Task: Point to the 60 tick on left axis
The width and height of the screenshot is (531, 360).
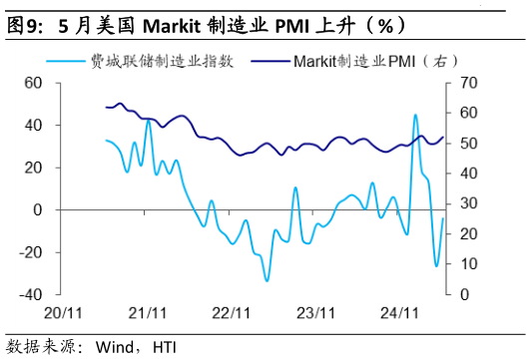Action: (x=33, y=83)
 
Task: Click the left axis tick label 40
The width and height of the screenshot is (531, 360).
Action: (x=33, y=126)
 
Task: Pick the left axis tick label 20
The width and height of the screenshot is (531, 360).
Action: (x=33, y=168)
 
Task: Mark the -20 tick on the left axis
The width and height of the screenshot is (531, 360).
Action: (x=30, y=252)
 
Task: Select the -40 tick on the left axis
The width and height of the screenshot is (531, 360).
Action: (x=30, y=294)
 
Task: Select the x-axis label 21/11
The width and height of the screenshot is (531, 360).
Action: (x=148, y=312)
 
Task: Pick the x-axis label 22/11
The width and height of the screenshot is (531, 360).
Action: (x=232, y=312)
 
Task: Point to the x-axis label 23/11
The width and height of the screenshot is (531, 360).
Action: (x=315, y=312)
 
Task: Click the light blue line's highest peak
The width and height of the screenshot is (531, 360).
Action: (x=415, y=115)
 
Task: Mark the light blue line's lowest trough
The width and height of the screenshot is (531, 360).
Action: (x=266, y=281)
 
